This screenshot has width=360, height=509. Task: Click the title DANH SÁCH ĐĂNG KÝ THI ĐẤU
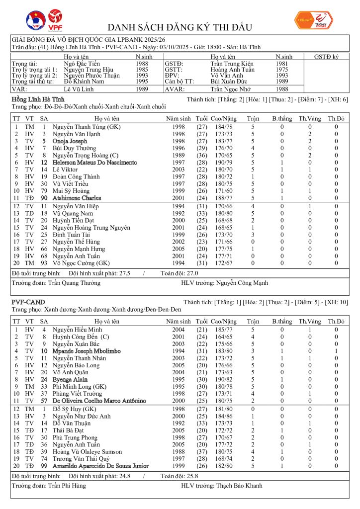pyautogui.click(x=180, y=27)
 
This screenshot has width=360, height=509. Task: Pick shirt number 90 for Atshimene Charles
pyautogui.click(x=44, y=198)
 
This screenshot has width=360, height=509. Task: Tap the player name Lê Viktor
pyautogui.click(x=67, y=170)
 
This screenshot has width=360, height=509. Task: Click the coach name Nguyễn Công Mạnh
pyautogui.click(x=242, y=283)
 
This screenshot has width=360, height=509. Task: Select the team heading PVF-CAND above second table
pyautogui.click(x=28, y=302)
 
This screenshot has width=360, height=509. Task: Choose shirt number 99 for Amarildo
pyautogui.click(x=44, y=466)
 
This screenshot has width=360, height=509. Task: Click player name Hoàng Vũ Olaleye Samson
pyautogui.click(x=87, y=451)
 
